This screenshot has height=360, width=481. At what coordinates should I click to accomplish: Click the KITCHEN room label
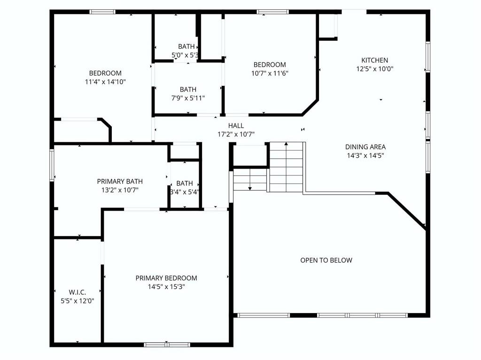[374, 60]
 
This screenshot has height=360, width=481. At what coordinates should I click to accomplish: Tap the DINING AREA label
[365, 147]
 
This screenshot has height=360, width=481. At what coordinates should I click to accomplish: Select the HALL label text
[236, 125]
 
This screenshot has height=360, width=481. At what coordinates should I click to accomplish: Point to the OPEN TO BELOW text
[326, 260]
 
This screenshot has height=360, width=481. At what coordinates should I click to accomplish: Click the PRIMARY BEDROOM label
[166, 278]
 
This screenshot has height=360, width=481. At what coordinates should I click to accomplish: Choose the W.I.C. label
[78, 292]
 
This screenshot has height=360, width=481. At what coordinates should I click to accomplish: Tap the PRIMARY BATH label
[120, 182]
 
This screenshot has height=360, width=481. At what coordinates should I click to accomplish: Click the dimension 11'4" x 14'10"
[105, 82]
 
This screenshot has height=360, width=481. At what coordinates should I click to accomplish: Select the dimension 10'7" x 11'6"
[270, 73]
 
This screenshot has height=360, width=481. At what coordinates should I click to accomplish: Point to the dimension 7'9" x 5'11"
[188, 98]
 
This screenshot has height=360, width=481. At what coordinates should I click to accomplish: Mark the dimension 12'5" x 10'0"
[374, 69]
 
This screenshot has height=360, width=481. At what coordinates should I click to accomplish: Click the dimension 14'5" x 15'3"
[166, 287]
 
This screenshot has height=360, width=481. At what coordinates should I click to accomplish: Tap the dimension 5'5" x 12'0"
[78, 301]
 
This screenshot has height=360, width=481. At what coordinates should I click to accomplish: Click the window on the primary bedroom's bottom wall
[167, 345]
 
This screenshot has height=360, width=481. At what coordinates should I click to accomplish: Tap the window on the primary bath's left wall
[52, 165]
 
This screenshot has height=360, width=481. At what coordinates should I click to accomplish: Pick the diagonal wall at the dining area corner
[407, 211]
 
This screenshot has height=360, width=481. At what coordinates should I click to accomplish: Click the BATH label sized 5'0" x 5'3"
[186, 46]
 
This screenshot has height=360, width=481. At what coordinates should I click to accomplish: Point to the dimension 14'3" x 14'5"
[365, 155]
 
